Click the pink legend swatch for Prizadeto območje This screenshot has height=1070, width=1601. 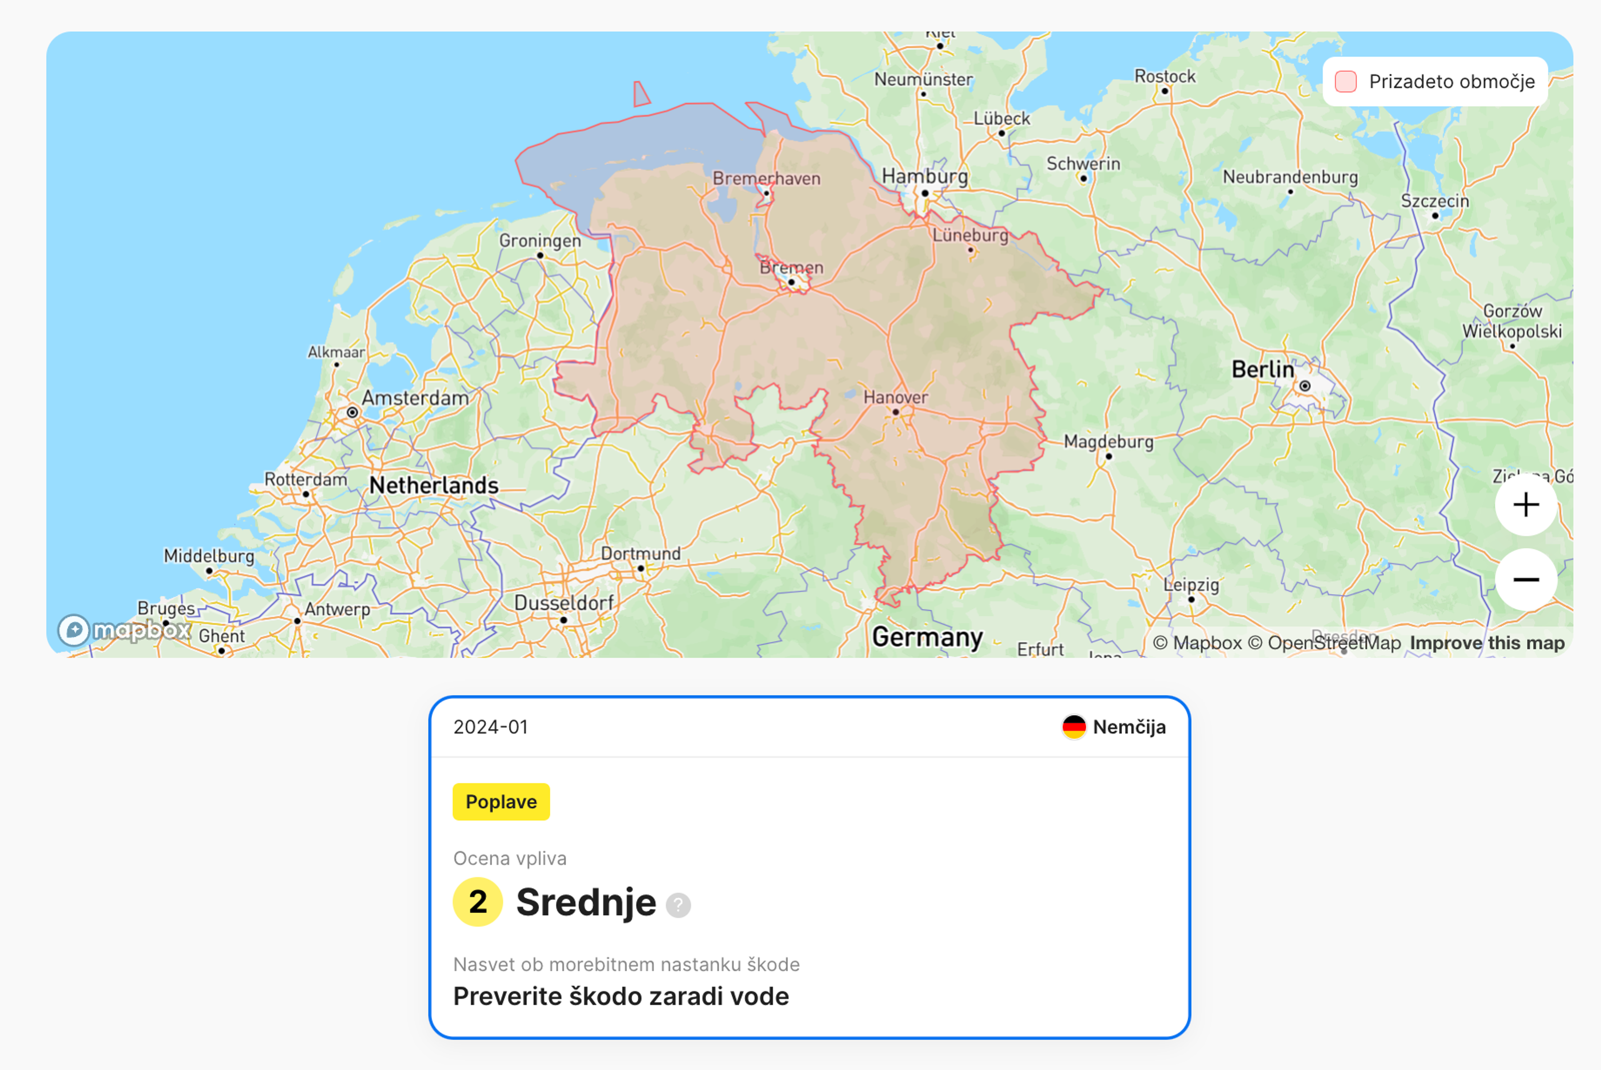point(1345,81)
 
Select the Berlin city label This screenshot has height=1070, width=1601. point(1262,370)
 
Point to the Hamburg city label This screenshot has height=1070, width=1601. point(925,176)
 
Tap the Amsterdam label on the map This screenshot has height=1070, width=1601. point(415,398)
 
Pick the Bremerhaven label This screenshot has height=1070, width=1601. point(766,179)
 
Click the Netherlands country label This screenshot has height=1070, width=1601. point(434,485)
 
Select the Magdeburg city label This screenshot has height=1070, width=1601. point(1108,441)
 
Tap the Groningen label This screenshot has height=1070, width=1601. point(540,241)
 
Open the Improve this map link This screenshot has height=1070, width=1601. point(1487,643)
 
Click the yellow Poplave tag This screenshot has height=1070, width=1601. point(501,802)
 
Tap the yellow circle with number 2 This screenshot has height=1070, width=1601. point(478,902)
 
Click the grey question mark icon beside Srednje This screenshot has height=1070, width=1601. point(678,905)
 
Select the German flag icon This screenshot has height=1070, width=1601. point(1074,727)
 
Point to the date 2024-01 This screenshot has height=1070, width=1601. point(491,727)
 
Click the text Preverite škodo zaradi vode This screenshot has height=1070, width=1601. point(621,996)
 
